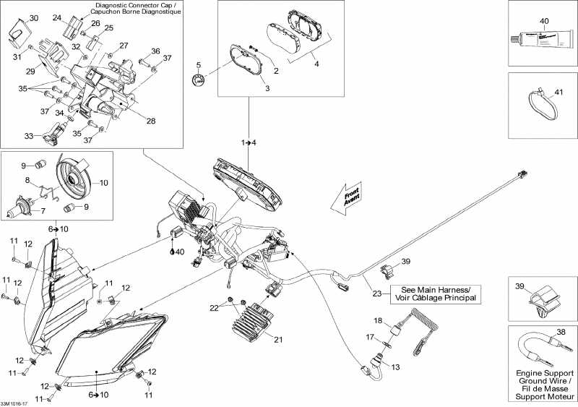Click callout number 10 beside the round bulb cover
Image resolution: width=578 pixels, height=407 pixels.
[x=104, y=183]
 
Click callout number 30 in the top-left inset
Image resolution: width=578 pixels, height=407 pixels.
[x=34, y=18]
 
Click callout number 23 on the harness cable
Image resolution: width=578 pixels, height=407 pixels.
[x=376, y=294]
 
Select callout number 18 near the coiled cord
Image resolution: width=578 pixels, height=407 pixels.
[x=378, y=320]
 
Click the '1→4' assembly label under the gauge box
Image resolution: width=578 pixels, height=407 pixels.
[x=249, y=142]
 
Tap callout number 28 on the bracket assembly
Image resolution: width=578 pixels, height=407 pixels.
[x=151, y=121]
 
